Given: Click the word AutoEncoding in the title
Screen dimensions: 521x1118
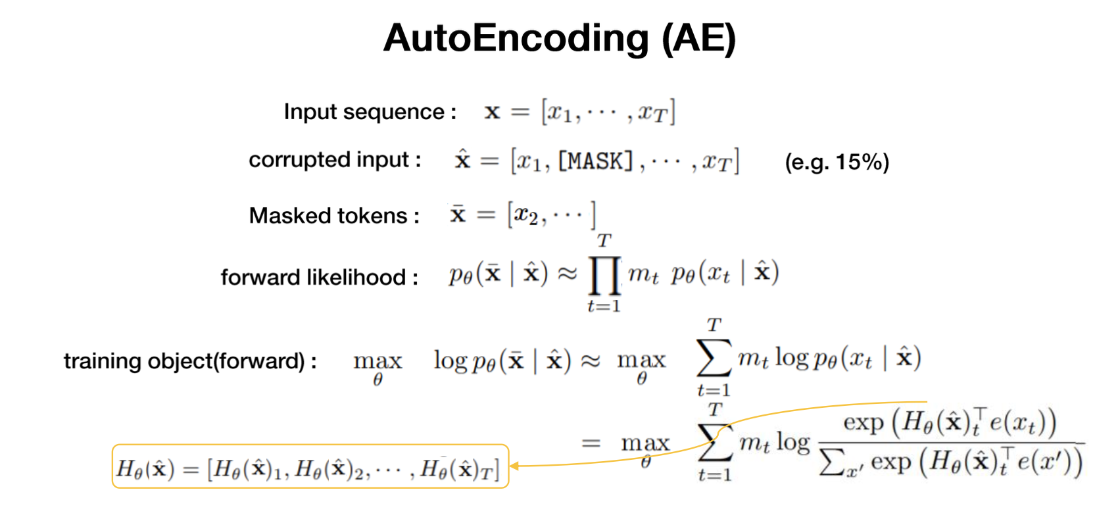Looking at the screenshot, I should pos(516,38).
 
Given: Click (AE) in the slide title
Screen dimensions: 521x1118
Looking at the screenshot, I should pos(698,38).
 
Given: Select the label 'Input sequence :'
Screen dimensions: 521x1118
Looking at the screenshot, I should pos(370,112).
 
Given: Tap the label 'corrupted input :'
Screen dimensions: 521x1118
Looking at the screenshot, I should pos(335,160).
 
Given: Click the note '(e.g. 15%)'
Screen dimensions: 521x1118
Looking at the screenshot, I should pos(837,162).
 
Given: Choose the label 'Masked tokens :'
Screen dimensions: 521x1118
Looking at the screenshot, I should pos(334,216).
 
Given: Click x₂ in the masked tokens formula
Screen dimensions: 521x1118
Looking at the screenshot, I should pos(525,215).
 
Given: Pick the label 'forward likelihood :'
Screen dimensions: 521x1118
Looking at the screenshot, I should pos(320,277).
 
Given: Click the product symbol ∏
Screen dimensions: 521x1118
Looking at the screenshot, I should pos(604,275).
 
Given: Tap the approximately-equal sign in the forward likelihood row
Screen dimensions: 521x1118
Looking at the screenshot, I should pos(567,273).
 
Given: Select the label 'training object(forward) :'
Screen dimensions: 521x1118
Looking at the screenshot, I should pos(190,361).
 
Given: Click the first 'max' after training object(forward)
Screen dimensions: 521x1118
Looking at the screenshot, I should pos(377,360).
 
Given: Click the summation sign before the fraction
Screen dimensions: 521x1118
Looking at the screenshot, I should pos(714,442).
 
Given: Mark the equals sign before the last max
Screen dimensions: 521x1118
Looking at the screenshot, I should pos(591,443).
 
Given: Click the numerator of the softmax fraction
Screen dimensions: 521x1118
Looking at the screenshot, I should pos(949,422).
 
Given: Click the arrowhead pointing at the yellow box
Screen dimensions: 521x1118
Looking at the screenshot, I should pos(514,466).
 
